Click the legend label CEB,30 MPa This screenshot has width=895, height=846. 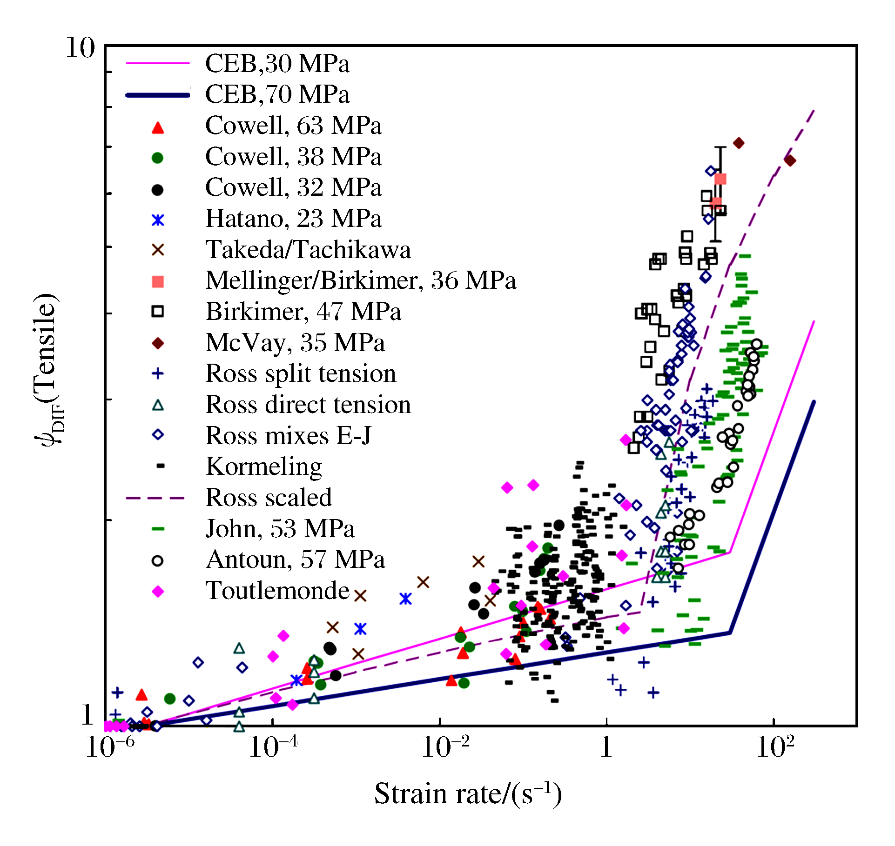(277, 63)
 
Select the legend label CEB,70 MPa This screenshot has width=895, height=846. (277, 94)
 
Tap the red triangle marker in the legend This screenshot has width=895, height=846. (158, 128)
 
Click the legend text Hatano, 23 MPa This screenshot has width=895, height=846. (293, 219)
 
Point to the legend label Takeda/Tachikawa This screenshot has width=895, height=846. (308, 250)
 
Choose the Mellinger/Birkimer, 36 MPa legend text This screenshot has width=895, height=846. (361, 280)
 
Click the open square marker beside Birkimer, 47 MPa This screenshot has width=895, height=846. (158, 312)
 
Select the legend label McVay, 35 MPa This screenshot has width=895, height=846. (295, 343)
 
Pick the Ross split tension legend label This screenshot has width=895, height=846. (301, 373)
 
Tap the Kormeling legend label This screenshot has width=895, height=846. (264, 466)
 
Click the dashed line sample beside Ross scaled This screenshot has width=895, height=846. (155, 498)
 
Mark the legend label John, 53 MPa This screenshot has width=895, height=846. (280, 529)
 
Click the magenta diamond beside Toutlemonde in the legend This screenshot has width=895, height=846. (158, 592)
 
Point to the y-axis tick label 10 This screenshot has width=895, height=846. (80, 47)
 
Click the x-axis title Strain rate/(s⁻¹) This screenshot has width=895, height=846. (468, 794)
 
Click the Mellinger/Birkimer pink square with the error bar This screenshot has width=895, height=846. (720, 179)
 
